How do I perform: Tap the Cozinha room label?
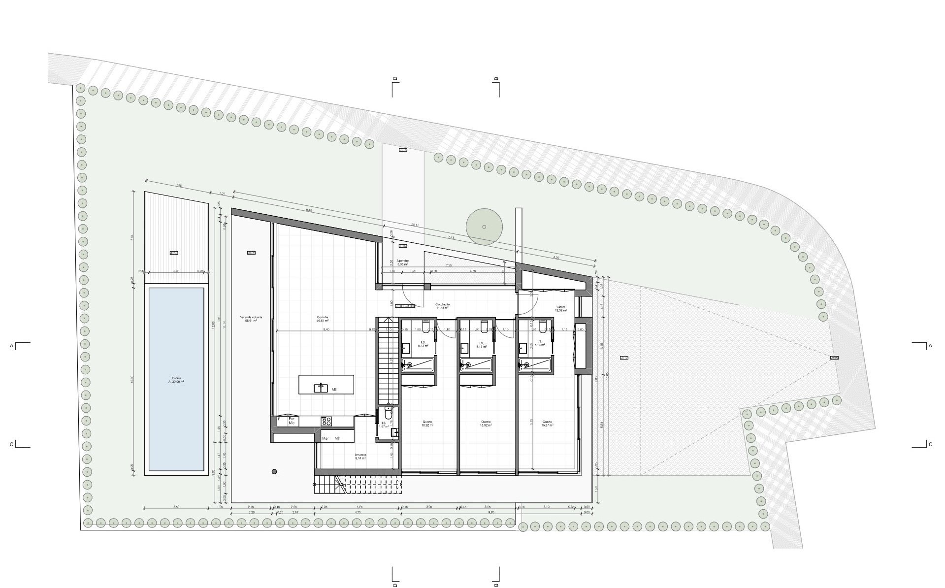point(323,319)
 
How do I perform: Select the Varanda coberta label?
point(251,319)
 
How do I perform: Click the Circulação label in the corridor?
point(443,306)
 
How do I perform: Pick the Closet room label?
point(560,308)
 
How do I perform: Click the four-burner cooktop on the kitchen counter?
point(326,421)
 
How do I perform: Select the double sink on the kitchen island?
point(321,388)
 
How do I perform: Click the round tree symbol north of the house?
point(484,227)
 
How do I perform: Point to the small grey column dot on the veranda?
point(273,471)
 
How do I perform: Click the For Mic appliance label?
point(292,421)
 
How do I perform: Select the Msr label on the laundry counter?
point(326,438)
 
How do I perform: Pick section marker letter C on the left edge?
point(11,444)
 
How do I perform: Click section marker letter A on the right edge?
point(930,346)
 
